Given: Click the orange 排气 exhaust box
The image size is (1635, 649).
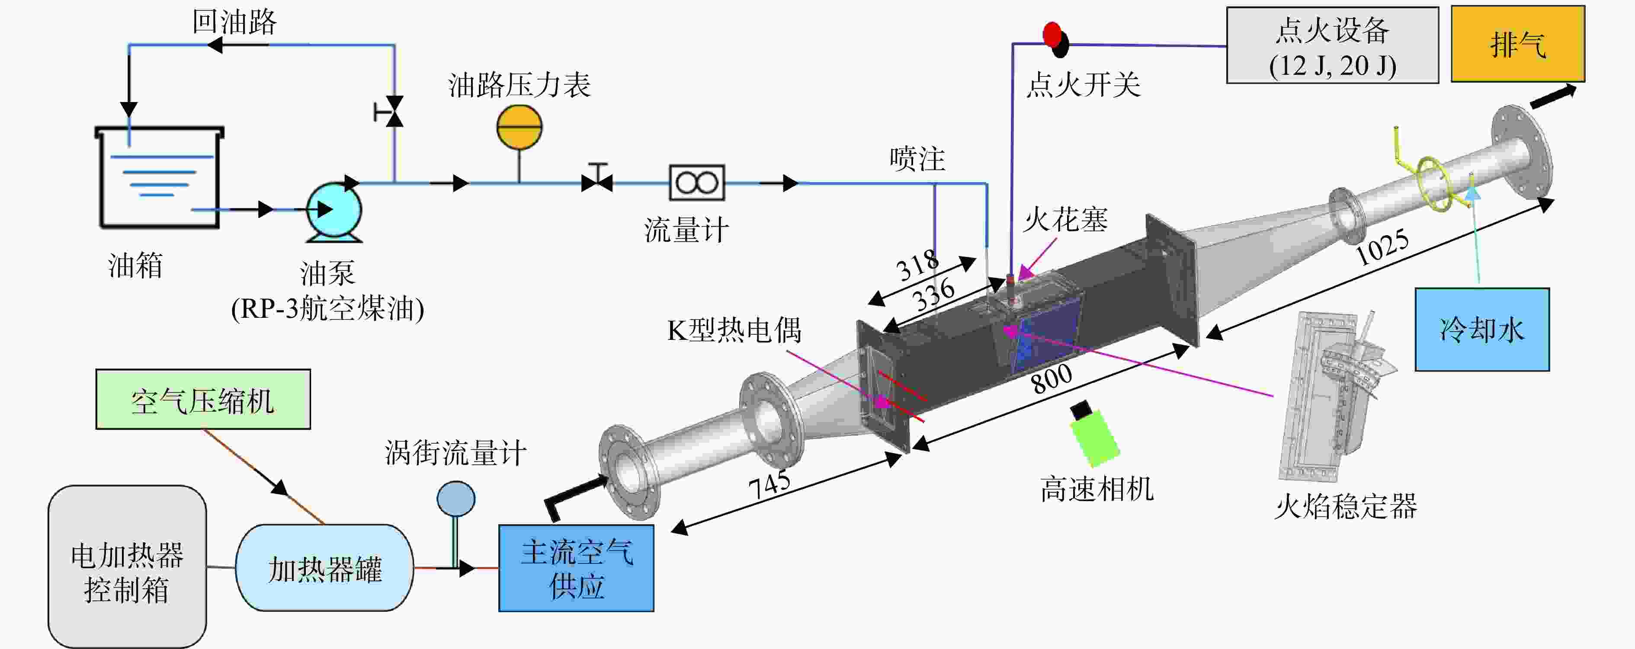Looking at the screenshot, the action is (1518, 44).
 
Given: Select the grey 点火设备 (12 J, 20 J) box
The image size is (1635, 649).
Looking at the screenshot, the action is (1332, 45).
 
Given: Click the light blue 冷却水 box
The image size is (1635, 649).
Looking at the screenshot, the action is (1482, 329).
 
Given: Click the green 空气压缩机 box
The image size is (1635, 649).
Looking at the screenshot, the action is (203, 399).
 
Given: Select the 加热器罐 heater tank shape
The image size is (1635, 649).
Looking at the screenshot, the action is (324, 568).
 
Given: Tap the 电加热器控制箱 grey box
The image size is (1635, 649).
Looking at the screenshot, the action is (127, 566).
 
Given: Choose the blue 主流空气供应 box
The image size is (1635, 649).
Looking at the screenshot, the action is (576, 568).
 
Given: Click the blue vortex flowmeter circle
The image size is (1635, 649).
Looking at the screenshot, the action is (456, 498).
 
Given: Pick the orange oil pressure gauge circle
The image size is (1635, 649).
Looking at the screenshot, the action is (519, 127).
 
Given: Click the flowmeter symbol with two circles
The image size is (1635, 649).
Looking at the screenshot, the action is (697, 183).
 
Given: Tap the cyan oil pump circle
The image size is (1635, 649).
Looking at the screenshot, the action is (334, 209).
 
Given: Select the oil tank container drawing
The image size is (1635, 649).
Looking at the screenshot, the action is (159, 177).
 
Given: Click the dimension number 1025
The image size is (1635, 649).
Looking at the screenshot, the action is (1382, 247).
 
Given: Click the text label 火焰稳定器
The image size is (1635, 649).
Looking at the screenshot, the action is (1346, 507).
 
